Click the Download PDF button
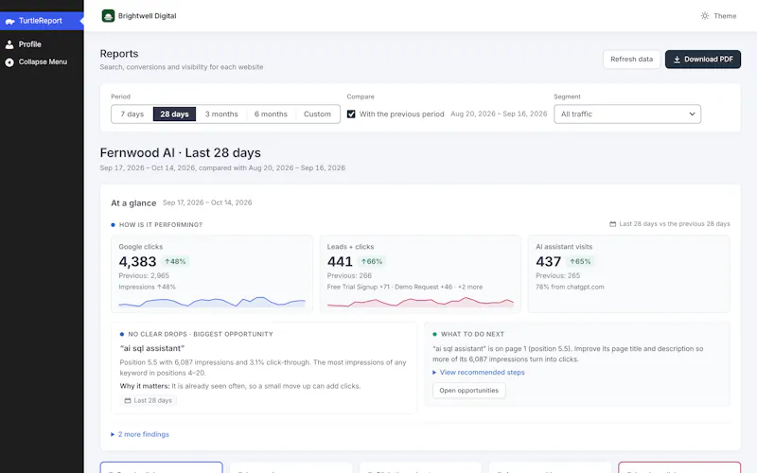(x=702, y=60)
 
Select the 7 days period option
(x=132, y=114)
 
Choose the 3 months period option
(x=221, y=114)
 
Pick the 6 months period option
(x=271, y=114)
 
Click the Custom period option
(x=317, y=114)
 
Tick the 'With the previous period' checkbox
(x=351, y=114)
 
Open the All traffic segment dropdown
(x=627, y=114)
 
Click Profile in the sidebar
(x=30, y=44)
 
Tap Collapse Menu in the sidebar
(x=43, y=62)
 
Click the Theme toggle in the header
(x=718, y=16)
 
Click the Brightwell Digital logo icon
(x=108, y=16)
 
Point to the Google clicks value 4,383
(x=137, y=262)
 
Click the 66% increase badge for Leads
(x=371, y=262)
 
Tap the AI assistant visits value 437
(x=549, y=262)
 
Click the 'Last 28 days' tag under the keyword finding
(x=149, y=400)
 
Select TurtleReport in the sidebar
(x=41, y=21)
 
